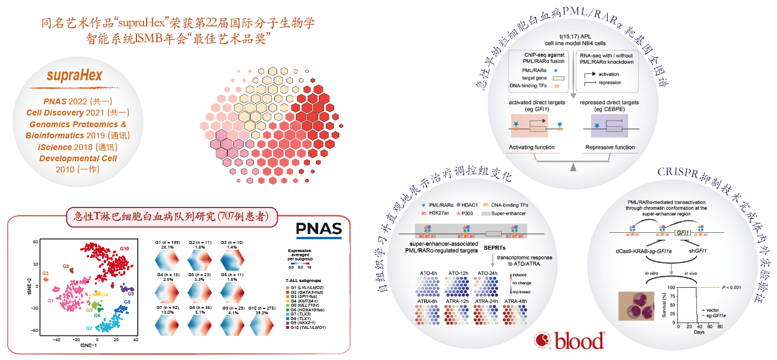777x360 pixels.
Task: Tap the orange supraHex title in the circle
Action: tap(74, 76)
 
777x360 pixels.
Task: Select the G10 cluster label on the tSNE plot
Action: tap(125, 250)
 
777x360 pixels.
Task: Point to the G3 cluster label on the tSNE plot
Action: tap(45, 273)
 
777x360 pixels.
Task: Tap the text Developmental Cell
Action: tap(78, 158)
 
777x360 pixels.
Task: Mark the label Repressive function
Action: tap(610, 147)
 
